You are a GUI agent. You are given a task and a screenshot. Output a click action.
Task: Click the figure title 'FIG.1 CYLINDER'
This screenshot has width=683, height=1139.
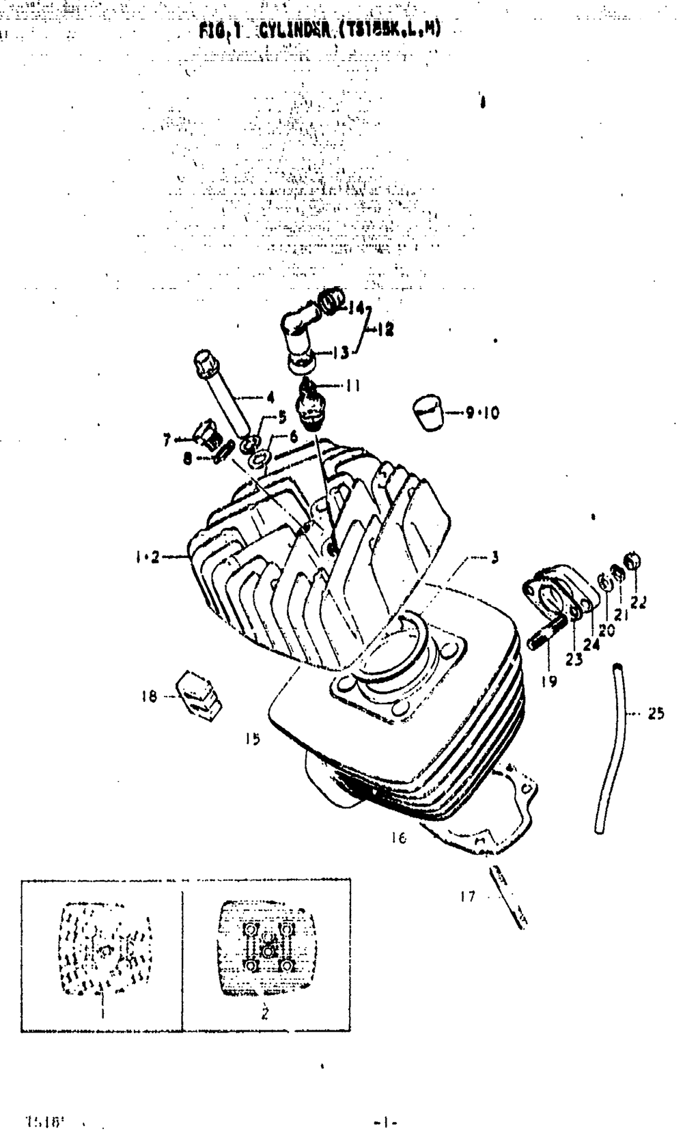[x=320, y=30]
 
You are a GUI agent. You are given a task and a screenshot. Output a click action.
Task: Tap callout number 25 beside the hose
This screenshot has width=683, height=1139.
[x=656, y=714]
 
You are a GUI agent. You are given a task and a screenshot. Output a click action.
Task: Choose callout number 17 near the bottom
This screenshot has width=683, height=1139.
[x=467, y=897]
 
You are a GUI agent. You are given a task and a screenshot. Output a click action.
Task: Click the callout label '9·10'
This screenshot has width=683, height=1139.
[x=482, y=412]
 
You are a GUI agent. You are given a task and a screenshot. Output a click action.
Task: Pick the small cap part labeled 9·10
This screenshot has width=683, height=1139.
[x=427, y=413]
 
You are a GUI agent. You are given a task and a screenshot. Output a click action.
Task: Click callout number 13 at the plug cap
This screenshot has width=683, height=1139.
[x=341, y=352]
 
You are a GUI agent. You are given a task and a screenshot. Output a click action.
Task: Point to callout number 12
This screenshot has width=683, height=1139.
[x=385, y=329]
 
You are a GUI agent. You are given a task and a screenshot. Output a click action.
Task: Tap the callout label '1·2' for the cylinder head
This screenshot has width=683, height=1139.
[x=147, y=557]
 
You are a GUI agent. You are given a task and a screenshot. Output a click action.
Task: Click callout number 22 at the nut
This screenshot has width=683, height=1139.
[x=639, y=602]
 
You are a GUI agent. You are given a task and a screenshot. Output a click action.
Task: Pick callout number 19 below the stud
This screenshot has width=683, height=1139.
[x=549, y=680]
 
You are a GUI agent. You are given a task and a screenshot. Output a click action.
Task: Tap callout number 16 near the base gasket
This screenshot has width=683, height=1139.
[x=399, y=837]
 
